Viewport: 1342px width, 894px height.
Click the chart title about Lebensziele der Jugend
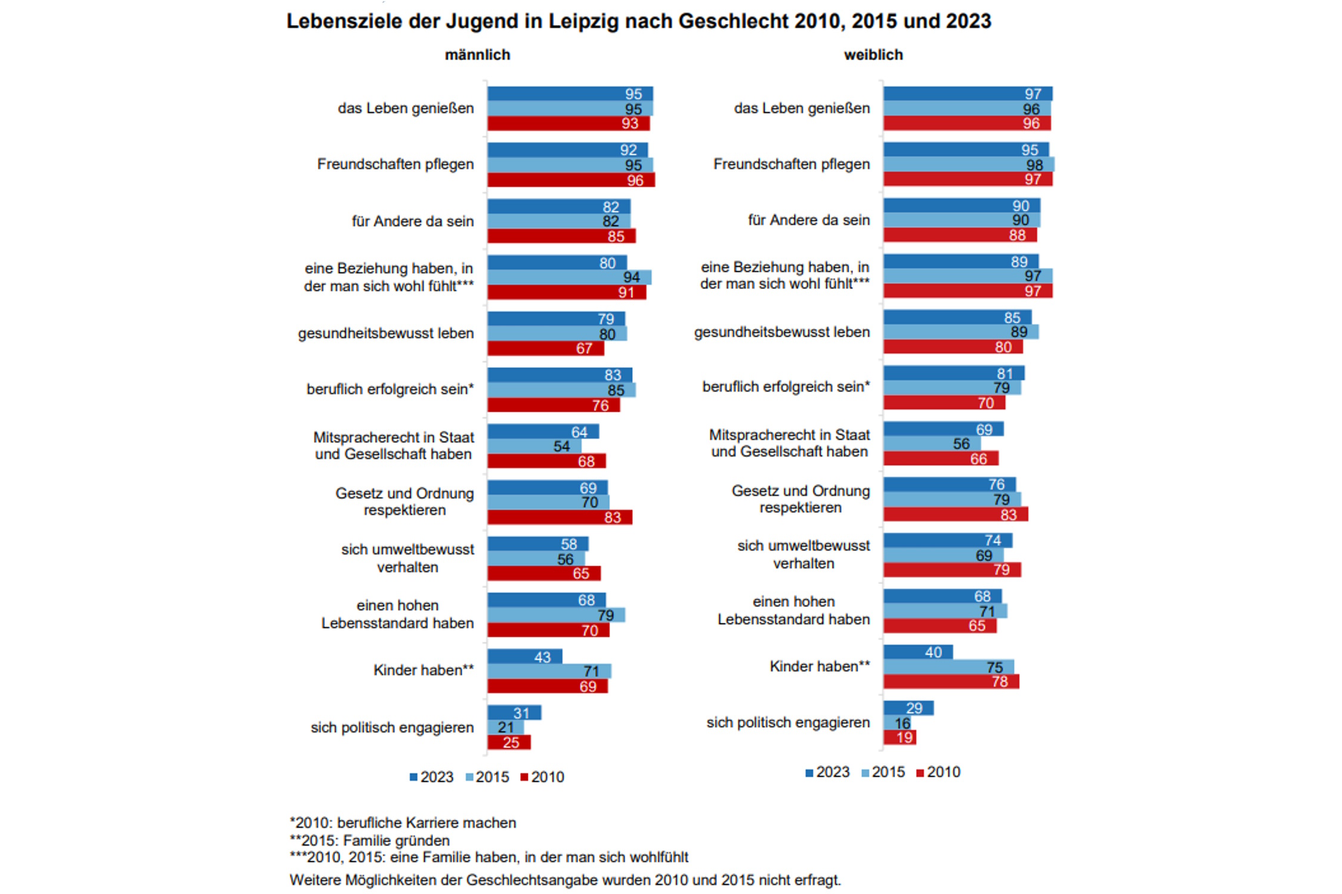pos(638,21)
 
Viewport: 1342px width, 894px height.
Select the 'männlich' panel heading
pos(477,55)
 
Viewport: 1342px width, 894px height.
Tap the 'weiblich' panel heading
pos(873,55)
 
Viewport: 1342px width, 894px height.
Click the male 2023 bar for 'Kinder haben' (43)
pos(524,656)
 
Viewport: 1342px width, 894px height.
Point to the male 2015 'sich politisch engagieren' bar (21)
pos(505,727)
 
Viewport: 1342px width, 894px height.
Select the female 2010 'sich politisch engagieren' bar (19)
pos(899,737)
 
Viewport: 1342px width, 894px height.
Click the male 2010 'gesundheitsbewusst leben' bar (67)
pos(545,348)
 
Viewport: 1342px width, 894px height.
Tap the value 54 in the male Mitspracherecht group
pos(561,446)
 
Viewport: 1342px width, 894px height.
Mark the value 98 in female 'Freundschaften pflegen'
pos(1034,165)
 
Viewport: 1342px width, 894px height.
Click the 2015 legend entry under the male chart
pos(487,777)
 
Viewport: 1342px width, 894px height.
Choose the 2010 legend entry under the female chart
pos(938,772)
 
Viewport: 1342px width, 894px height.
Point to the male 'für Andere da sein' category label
pos(413,221)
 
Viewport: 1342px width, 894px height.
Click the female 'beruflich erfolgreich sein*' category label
pos(786,387)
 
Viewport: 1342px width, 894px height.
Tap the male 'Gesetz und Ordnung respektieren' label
pos(404,502)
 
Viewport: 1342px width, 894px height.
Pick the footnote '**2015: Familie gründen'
pos(370,840)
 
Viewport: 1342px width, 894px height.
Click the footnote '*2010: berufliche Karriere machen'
pos(403,823)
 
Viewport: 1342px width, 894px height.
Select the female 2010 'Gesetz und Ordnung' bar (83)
pos(956,514)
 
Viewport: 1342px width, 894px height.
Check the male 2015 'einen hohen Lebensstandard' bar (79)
pos(556,615)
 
